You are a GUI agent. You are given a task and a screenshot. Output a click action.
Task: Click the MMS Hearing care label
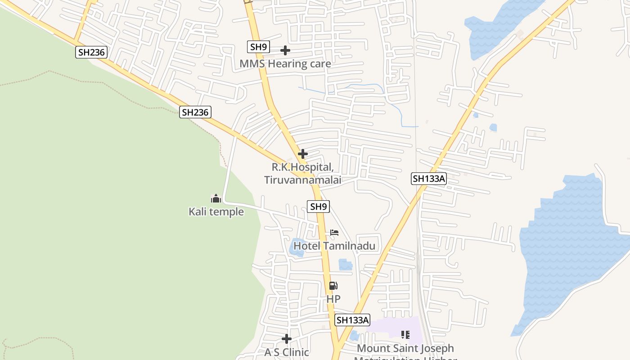[285, 64]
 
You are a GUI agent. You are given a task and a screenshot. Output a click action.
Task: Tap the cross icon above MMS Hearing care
[285, 50]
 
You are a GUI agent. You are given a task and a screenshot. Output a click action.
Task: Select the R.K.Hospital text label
[302, 167]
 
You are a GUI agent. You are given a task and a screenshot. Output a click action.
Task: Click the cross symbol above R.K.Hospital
[303, 153]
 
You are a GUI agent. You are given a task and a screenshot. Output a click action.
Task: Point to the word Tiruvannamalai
[302, 180]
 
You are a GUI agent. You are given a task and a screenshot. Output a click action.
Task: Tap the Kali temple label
[216, 211]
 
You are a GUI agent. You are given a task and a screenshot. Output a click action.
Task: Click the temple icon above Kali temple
[216, 198]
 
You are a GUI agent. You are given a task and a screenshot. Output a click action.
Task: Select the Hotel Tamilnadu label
[334, 246]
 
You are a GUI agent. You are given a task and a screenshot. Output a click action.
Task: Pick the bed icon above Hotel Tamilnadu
[334, 233]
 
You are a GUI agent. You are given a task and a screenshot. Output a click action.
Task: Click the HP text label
[333, 299]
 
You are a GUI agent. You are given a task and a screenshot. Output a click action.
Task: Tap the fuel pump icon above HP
[333, 285]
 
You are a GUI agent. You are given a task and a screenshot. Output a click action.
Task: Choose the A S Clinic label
[287, 352]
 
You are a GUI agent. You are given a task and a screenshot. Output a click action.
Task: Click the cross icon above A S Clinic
[287, 338]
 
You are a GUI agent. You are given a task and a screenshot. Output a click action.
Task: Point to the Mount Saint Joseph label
[405, 348]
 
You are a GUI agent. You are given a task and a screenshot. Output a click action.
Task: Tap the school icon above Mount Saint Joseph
[405, 334]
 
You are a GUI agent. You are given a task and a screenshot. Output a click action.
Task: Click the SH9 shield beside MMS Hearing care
[258, 47]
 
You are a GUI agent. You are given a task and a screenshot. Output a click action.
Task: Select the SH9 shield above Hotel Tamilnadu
[318, 207]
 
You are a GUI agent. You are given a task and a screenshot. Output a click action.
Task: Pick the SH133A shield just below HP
[352, 320]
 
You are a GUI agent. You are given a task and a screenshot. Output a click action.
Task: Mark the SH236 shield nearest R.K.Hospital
[195, 112]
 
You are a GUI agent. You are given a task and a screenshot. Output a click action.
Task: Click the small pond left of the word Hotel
[297, 247]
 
